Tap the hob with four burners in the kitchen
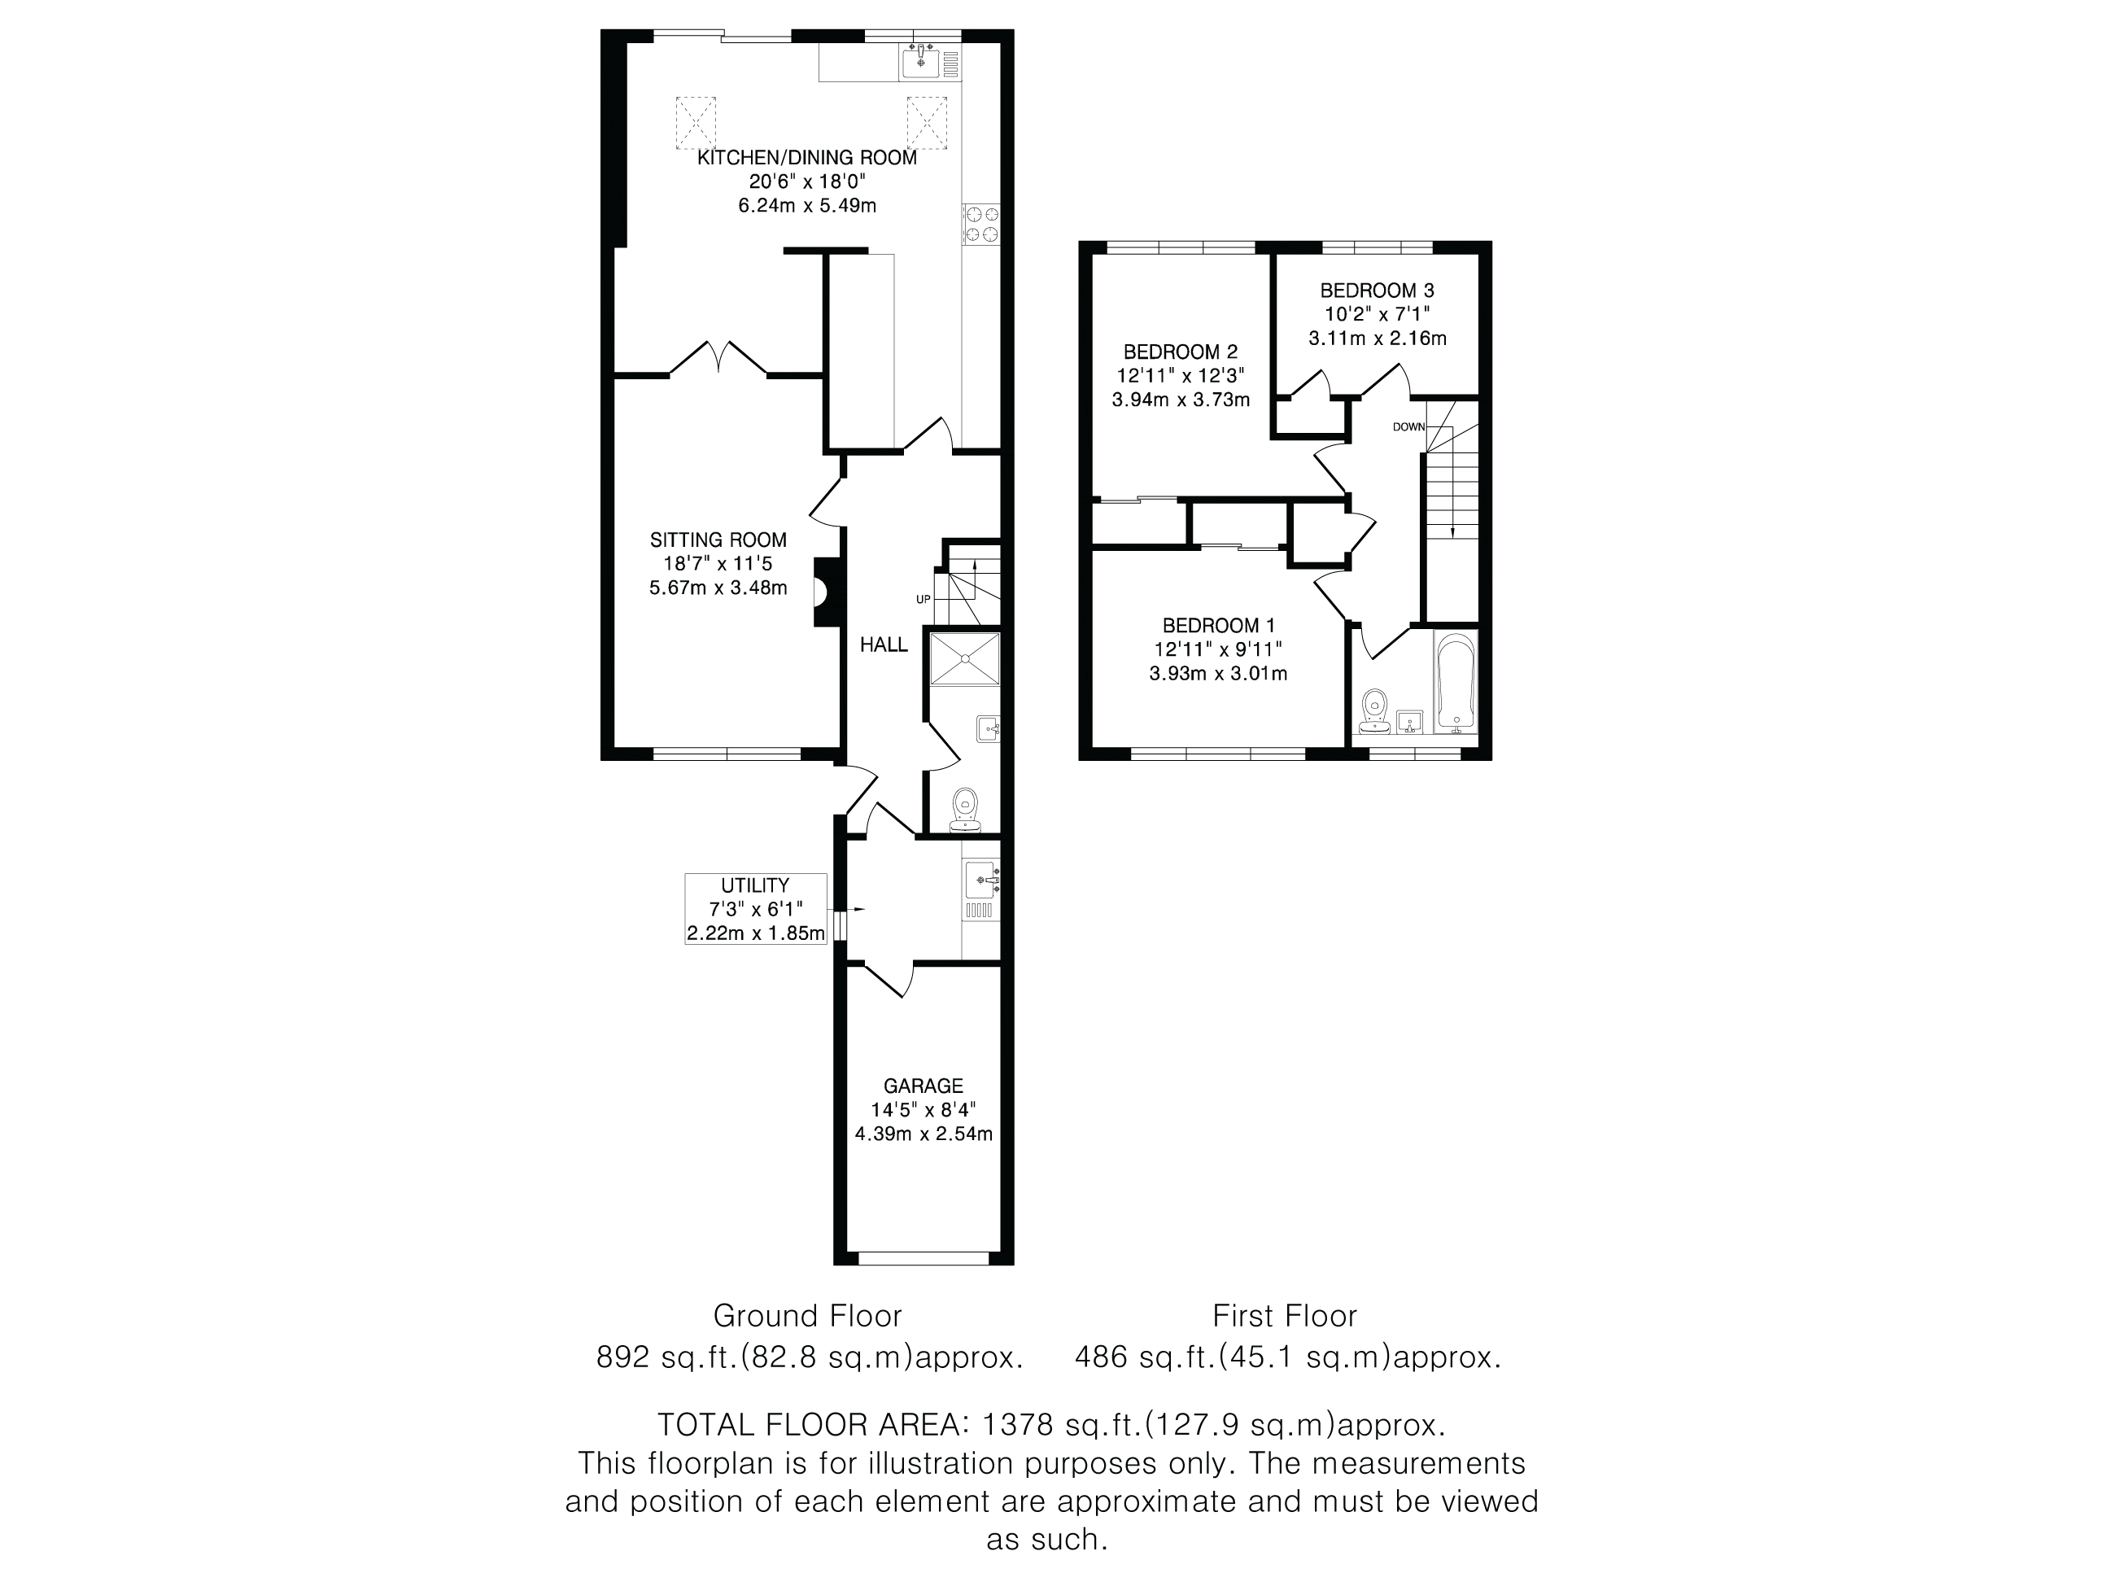pyautogui.click(x=982, y=224)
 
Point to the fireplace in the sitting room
pyautogui.click(x=823, y=592)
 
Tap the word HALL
pyautogui.click(x=884, y=645)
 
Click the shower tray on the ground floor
pyautogui.click(x=965, y=658)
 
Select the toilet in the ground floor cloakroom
pyautogui.click(x=967, y=810)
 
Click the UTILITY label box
pyautogui.click(x=756, y=909)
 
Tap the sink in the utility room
pyautogui.click(x=981, y=879)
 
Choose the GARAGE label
pyautogui.click(x=923, y=1085)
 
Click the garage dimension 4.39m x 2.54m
pyautogui.click(x=923, y=1134)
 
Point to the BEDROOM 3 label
pyautogui.click(x=1377, y=290)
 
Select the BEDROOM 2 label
pyautogui.click(x=1181, y=352)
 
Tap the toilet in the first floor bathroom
pyautogui.click(x=1374, y=711)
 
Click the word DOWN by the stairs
pyautogui.click(x=1408, y=426)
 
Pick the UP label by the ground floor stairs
pyautogui.click(x=923, y=599)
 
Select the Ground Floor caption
pyautogui.click(x=808, y=1316)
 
